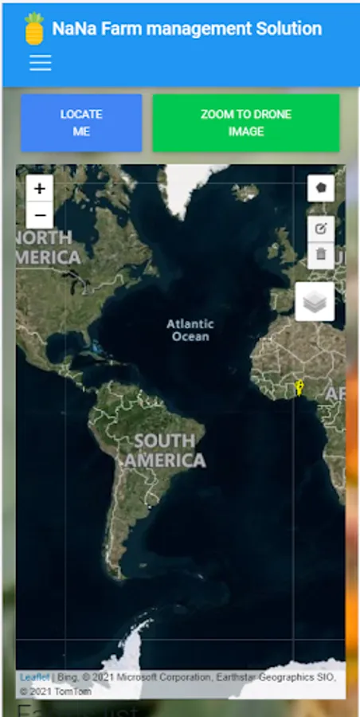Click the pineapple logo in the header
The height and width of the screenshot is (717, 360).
(x=33, y=29)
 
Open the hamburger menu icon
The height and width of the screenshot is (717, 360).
(x=40, y=63)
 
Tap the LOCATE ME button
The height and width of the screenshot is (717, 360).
(x=81, y=123)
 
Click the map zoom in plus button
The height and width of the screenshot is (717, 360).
(x=40, y=190)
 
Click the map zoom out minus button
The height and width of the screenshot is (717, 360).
(x=40, y=215)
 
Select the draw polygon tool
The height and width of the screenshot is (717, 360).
(x=321, y=189)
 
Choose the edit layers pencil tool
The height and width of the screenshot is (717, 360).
(x=321, y=229)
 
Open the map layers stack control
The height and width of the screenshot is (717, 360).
(x=315, y=301)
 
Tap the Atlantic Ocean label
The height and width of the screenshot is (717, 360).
(x=190, y=330)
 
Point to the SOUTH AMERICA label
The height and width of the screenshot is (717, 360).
(x=165, y=450)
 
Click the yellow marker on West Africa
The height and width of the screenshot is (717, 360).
(x=299, y=388)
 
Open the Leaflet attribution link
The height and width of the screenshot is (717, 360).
(x=34, y=677)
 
